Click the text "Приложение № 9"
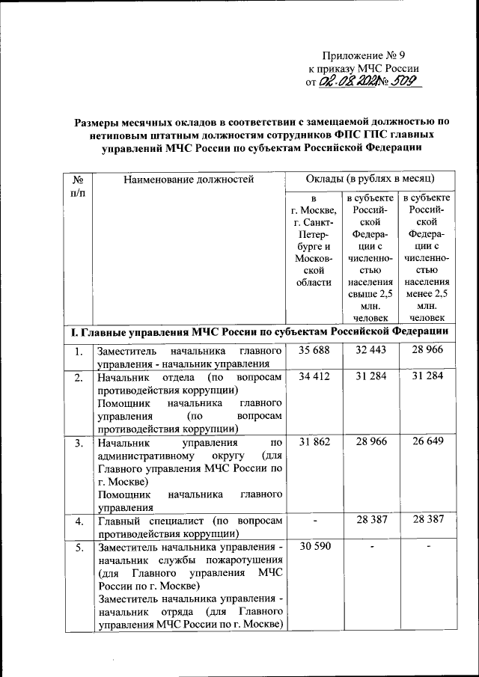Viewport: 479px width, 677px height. click(364, 55)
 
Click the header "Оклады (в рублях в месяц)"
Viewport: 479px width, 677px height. click(370, 179)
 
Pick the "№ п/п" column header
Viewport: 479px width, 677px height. click(78, 186)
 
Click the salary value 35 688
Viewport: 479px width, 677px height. click(314, 350)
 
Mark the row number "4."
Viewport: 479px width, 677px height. click(79, 520)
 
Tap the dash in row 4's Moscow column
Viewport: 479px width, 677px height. click(315, 520)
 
